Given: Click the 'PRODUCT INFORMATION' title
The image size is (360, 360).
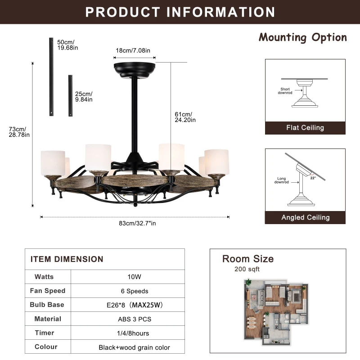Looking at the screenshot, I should tap(180, 12).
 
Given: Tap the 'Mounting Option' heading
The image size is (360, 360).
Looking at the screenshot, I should tap(302, 37).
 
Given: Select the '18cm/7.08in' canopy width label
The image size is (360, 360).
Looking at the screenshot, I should tap(134, 50).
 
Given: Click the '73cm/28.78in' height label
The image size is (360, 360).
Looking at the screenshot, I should tap(19, 132).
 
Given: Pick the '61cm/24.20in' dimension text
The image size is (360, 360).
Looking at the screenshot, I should tap(185, 117).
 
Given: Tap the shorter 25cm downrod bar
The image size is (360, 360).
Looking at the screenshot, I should tap(70, 96).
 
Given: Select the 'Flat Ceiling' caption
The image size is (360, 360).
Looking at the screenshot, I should tap(305, 128).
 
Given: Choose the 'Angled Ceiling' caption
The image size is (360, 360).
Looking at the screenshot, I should tap(305, 217).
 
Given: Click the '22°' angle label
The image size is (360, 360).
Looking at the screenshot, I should tap(312, 178).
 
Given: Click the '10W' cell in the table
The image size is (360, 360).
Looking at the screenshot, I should tap(128, 277).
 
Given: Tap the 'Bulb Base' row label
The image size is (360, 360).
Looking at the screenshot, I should tap(47, 305).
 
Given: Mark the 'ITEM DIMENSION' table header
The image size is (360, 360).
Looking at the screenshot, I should tap(67, 259).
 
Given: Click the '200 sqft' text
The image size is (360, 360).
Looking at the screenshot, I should tap(247, 269).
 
